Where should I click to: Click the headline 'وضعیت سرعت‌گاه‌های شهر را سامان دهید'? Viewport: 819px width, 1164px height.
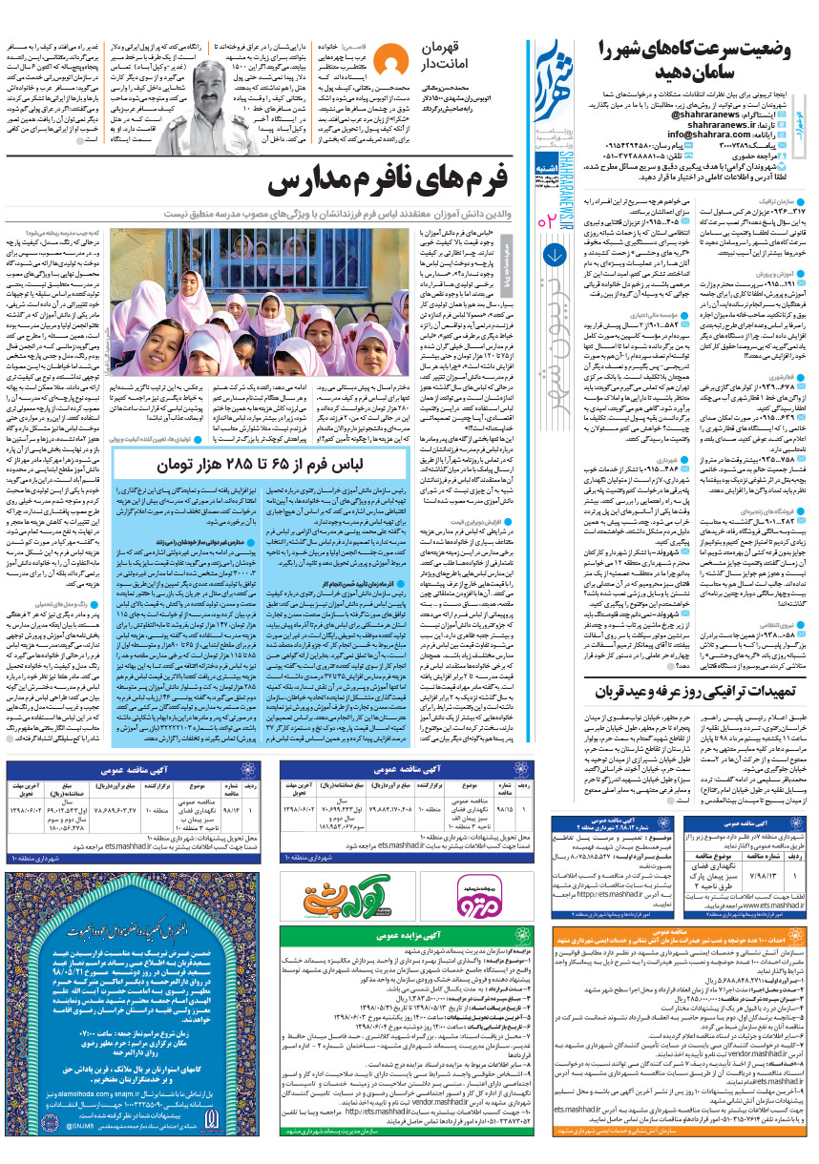702,56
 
